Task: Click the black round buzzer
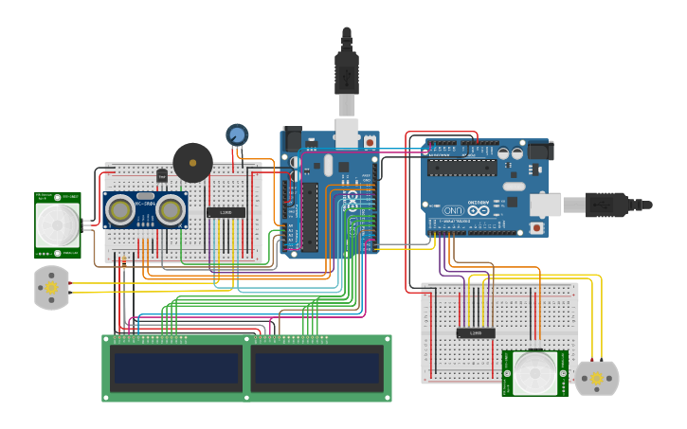tap(192, 163)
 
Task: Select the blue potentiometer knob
tap(237, 134)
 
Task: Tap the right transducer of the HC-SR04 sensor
tap(171, 209)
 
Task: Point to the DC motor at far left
tap(51, 287)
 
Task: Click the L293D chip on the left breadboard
tap(226, 212)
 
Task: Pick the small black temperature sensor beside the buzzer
tap(161, 175)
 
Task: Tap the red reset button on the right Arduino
tap(537, 228)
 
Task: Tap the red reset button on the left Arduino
tap(369, 142)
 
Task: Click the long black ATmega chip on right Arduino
tap(461, 168)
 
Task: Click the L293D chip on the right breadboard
tap(475, 332)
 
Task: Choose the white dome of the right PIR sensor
tap(534, 373)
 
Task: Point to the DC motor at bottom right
tap(597, 378)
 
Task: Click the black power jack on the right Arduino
tap(539, 151)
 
